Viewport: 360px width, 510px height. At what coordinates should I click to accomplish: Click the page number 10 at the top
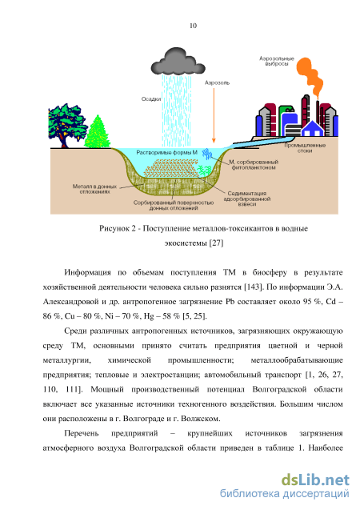click(193, 26)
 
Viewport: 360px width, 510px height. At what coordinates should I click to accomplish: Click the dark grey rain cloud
click(178, 62)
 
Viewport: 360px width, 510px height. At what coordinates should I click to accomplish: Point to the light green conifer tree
click(97, 131)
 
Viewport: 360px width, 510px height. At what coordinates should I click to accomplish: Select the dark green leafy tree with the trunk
click(66, 126)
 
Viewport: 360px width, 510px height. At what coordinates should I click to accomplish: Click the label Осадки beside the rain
click(151, 99)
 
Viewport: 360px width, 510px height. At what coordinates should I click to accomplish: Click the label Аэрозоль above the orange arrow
click(217, 83)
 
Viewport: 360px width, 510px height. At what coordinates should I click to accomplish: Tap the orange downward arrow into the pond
click(214, 115)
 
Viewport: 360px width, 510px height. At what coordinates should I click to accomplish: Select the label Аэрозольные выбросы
click(277, 61)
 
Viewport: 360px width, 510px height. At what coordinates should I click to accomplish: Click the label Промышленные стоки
click(305, 148)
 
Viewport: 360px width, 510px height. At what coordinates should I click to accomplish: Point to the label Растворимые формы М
click(166, 152)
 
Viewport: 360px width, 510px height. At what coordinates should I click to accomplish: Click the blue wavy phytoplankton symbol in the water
click(206, 154)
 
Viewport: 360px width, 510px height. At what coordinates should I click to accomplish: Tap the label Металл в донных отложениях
click(94, 189)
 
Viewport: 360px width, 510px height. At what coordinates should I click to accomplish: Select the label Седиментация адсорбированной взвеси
click(247, 199)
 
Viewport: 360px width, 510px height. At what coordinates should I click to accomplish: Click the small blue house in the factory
click(312, 129)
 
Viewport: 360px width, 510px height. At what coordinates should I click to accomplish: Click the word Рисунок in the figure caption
click(114, 228)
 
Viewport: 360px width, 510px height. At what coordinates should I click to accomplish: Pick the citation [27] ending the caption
click(216, 243)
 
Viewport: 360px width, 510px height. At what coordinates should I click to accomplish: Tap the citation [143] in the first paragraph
click(253, 287)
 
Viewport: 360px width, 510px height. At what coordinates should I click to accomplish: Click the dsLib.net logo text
click(315, 480)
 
